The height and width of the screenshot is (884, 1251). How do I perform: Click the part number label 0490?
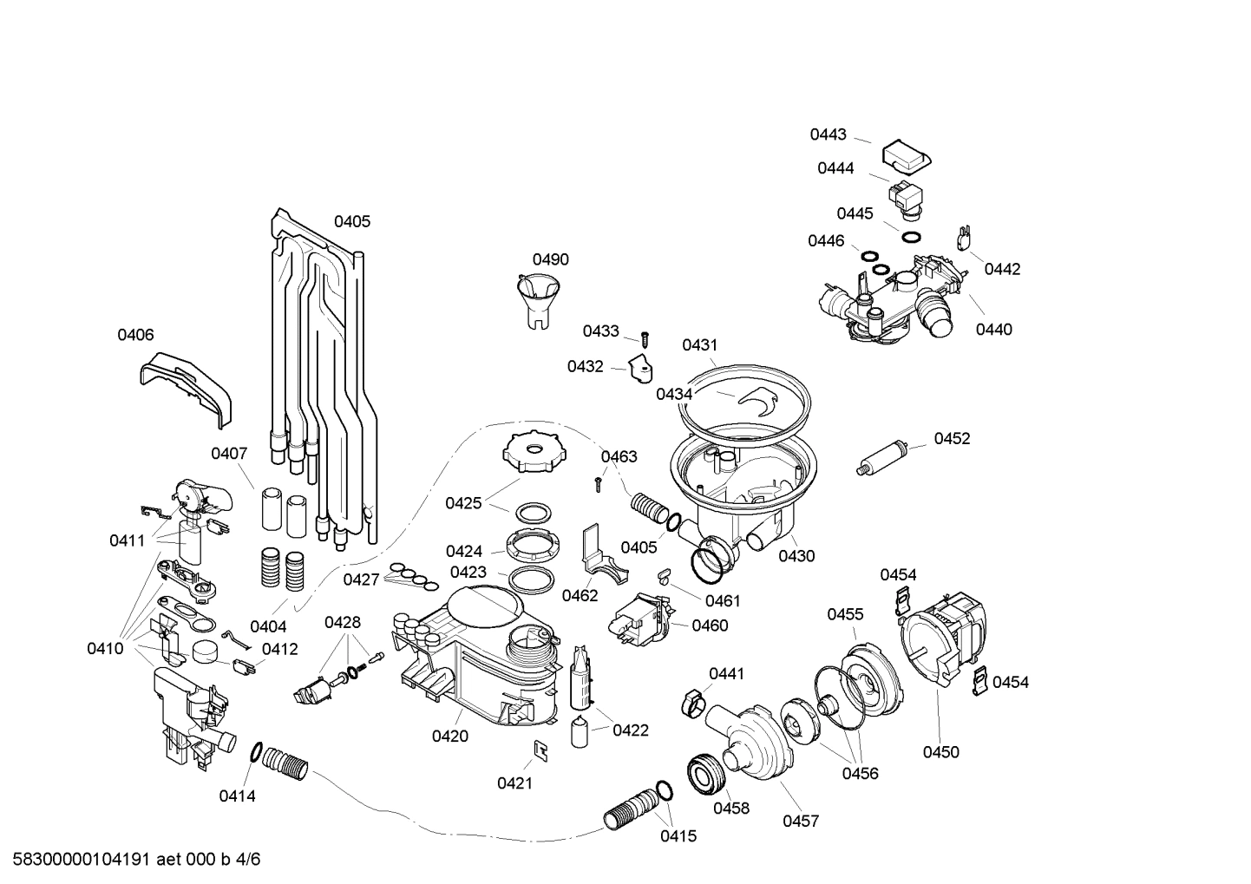(x=550, y=259)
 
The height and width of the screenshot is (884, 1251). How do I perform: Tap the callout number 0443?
(x=828, y=134)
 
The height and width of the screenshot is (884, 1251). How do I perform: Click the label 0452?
(x=952, y=438)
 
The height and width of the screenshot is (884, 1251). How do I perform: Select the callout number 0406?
(x=135, y=335)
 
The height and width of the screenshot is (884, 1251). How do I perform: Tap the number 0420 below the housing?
(x=449, y=737)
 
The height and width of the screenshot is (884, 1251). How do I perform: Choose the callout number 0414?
(x=237, y=796)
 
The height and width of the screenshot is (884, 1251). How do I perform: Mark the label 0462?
(x=580, y=595)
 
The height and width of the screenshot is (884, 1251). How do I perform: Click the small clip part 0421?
(x=540, y=750)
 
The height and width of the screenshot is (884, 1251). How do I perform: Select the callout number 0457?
(x=800, y=821)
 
